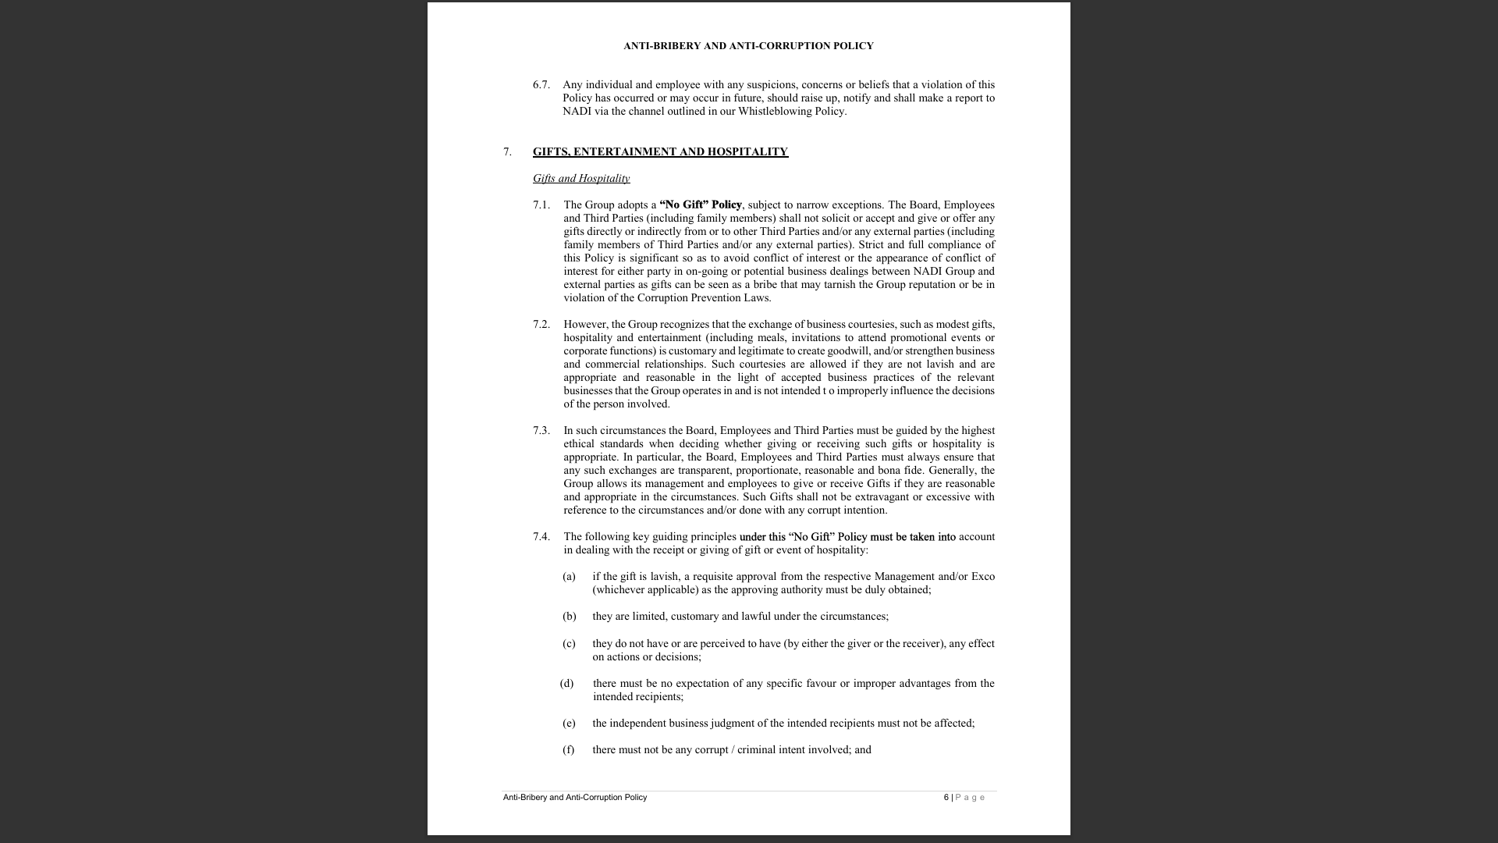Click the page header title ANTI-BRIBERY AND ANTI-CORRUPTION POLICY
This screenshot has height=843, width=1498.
click(x=748, y=46)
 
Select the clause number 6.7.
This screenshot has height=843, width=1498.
click(x=541, y=84)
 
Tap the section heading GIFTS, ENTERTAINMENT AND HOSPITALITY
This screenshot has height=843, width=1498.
click(x=660, y=151)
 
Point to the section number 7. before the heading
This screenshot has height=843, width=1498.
click(x=507, y=151)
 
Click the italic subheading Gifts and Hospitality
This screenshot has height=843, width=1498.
click(x=581, y=178)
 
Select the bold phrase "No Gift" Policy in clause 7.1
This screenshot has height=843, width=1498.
click(x=700, y=205)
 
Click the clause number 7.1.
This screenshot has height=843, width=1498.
click(x=541, y=205)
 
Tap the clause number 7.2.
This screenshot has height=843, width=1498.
click(x=541, y=324)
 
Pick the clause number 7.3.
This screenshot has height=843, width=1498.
click(x=541, y=430)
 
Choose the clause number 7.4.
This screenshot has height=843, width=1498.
click(x=541, y=536)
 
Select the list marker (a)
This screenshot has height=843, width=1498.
click(x=569, y=576)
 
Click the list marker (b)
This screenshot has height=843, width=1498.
click(x=569, y=616)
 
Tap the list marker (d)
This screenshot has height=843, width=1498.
click(x=566, y=683)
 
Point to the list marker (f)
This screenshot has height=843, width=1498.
click(x=568, y=749)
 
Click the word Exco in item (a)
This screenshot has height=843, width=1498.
click(x=982, y=576)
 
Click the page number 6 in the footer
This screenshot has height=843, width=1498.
click(x=946, y=797)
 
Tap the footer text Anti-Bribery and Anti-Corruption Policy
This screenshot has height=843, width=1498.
click(x=575, y=797)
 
